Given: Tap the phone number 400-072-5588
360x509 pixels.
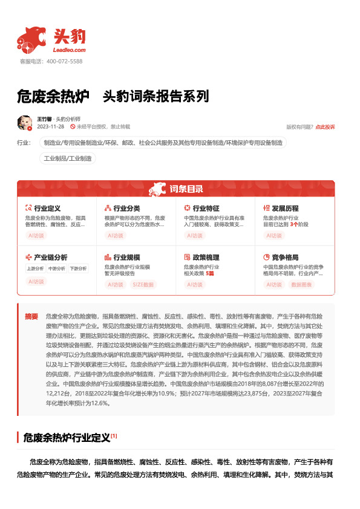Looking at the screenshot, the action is (64, 62).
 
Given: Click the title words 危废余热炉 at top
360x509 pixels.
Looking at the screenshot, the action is (53, 96).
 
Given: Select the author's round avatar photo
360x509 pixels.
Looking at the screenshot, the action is (25, 123).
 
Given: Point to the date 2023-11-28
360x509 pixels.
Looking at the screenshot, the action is (51, 127).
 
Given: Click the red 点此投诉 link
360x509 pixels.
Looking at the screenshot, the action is (325, 127).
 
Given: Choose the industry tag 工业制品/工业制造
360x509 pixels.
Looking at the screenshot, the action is (68, 158).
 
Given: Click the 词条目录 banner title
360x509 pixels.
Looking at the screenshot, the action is (186, 189).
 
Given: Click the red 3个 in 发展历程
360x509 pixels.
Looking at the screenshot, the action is (293, 224).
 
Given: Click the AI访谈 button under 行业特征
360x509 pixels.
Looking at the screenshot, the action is (194, 235).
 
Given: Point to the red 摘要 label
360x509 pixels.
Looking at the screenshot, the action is (31, 316).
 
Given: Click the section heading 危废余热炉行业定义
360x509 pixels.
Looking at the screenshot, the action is (66, 436).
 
